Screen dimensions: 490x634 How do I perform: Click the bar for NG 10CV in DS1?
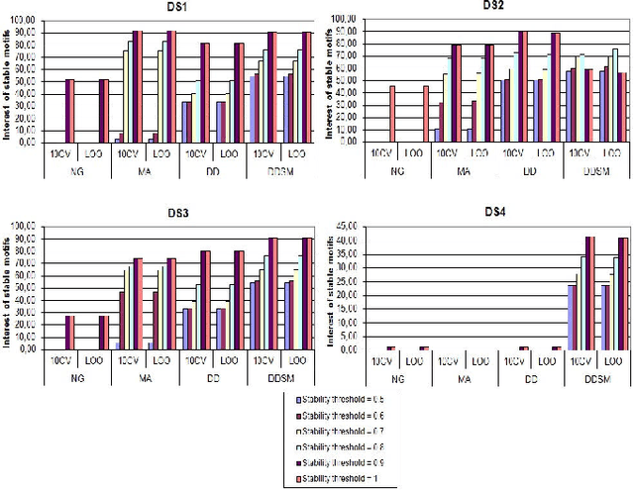point(69,110)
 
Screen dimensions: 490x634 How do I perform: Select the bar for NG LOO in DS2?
point(426,113)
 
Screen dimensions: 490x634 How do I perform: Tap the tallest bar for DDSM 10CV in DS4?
point(590,292)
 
